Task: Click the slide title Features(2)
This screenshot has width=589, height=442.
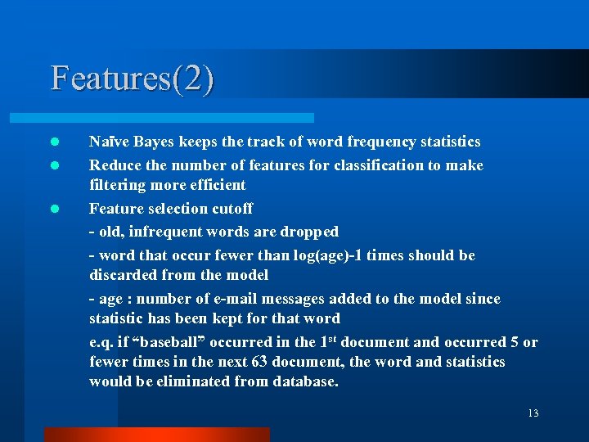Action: click(133, 79)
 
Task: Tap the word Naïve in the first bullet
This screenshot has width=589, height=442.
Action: click(107, 142)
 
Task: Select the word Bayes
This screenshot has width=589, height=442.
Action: click(150, 142)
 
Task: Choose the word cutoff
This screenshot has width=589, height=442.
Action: click(232, 208)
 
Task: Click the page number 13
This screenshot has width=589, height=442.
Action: click(533, 413)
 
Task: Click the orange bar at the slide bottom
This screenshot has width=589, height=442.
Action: click(156, 434)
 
